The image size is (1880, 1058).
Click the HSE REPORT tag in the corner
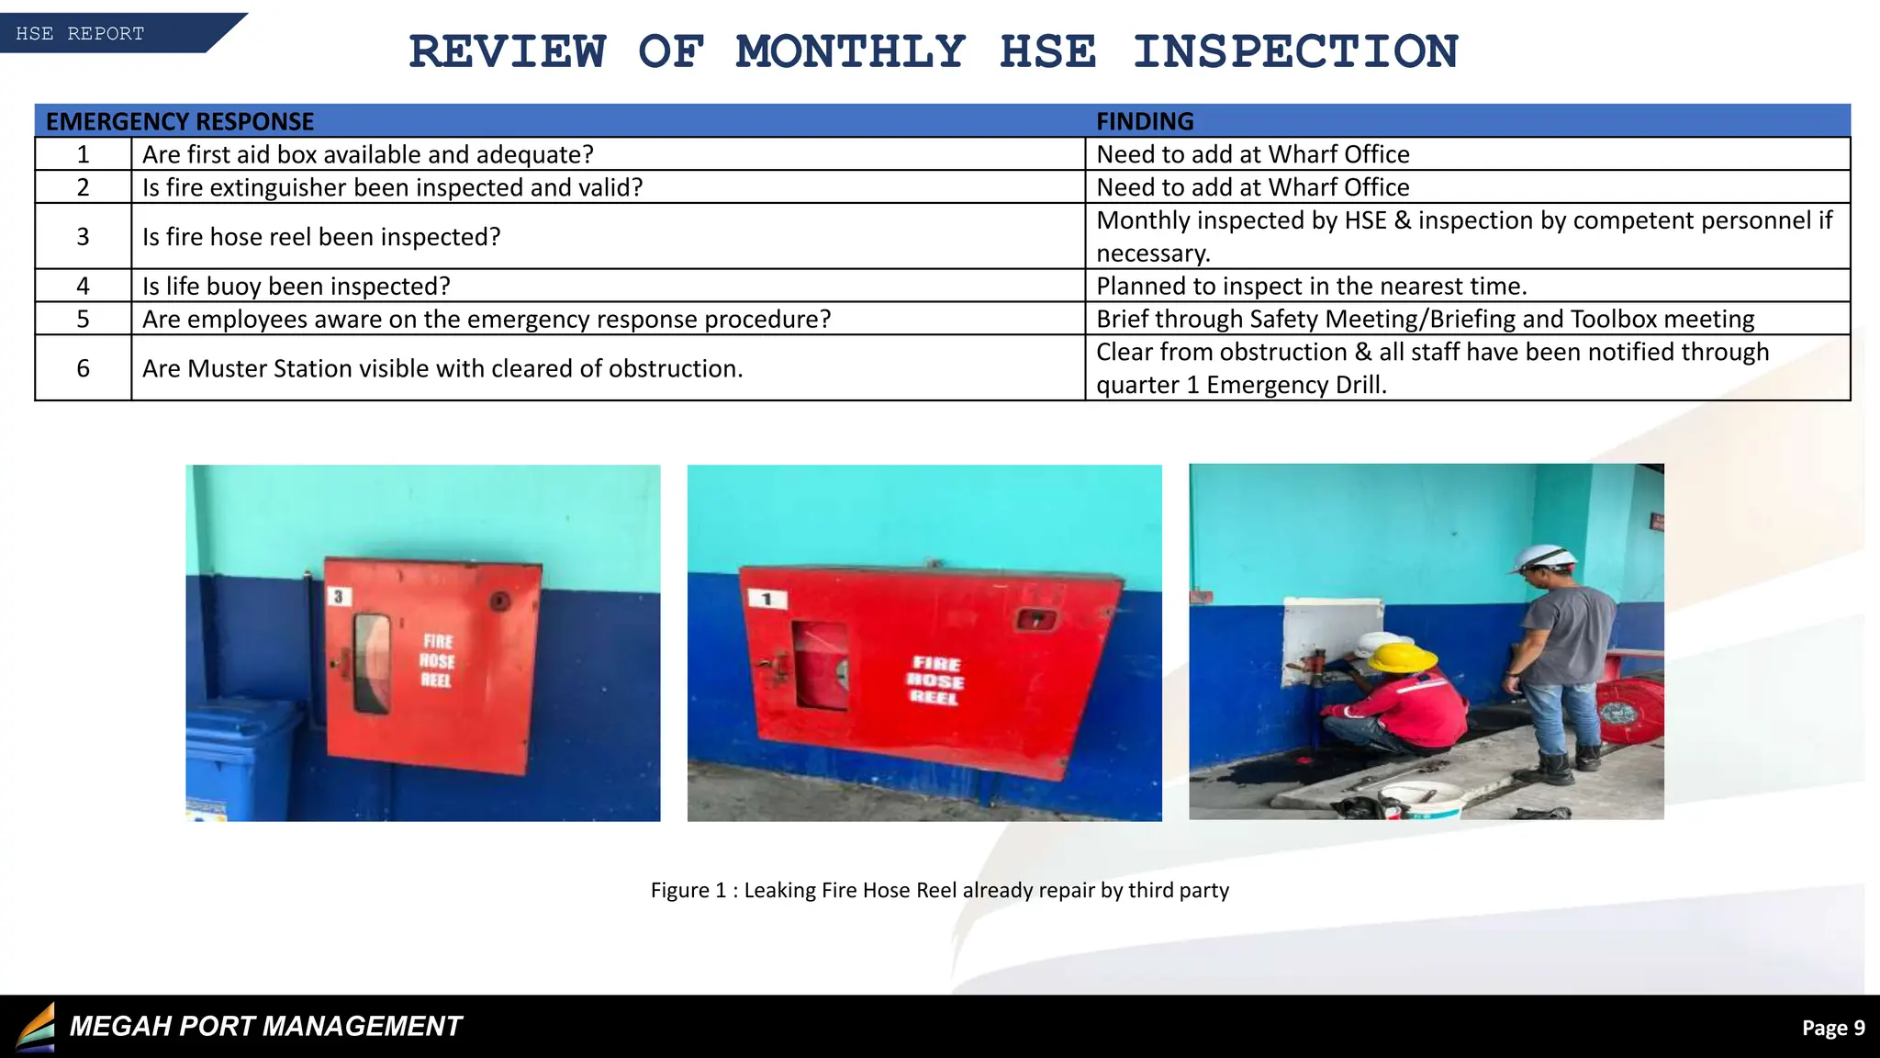(x=81, y=34)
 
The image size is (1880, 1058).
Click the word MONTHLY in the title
(x=850, y=51)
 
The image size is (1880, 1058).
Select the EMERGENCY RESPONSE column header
(x=180, y=121)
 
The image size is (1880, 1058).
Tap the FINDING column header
(x=1145, y=121)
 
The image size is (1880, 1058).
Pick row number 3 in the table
(x=83, y=237)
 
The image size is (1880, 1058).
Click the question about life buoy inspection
(x=296, y=286)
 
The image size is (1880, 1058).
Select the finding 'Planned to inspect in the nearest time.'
(x=1311, y=286)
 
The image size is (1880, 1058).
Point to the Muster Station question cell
(x=442, y=368)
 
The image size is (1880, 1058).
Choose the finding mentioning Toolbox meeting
(x=1425, y=319)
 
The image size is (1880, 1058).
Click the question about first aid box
(x=367, y=154)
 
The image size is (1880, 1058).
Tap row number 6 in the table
(x=83, y=368)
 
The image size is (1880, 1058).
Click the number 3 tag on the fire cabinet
(x=339, y=597)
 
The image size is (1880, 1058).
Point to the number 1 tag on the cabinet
(x=767, y=600)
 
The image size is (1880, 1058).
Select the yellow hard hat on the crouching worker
(x=1401, y=656)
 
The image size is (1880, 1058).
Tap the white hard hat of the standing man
(x=1546, y=556)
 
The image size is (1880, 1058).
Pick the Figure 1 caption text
(x=939, y=890)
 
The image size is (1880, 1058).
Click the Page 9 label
(x=1832, y=1028)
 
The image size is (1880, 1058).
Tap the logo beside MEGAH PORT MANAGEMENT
(x=36, y=1027)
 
